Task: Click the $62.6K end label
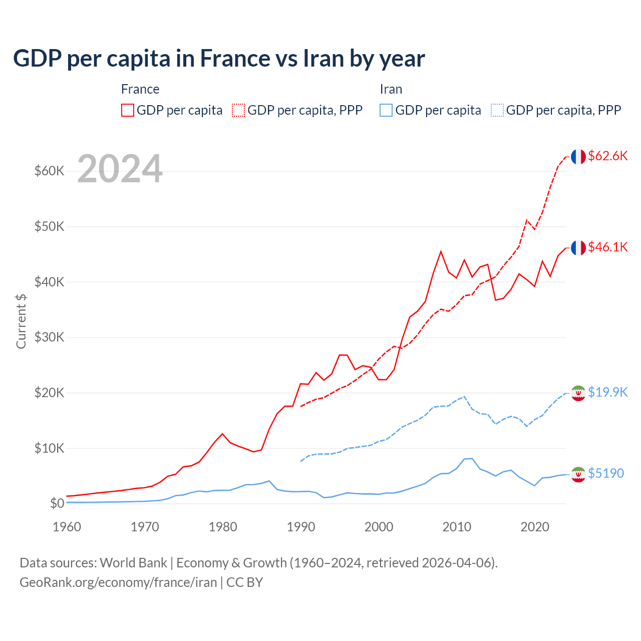(x=607, y=156)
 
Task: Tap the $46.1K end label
(x=607, y=247)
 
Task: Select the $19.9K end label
(x=607, y=392)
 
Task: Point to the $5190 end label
(x=605, y=473)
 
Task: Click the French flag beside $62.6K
(x=578, y=157)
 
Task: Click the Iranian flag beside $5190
(x=578, y=474)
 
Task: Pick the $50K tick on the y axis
(x=49, y=226)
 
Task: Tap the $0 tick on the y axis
(x=57, y=503)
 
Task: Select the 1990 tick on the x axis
(x=301, y=527)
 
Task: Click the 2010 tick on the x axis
(x=457, y=527)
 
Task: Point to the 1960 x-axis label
(x=67, y=527)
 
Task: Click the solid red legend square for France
(x=128, y=110)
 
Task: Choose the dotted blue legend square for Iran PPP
(x=497, y=110)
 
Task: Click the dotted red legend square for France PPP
(x=238, y=110)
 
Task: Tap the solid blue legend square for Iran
(x=386, y=110)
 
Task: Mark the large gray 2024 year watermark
(x=120, y=169)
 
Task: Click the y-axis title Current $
(x=21, y=321)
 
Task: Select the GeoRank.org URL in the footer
(x=118, y=582)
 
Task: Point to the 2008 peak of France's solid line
(x=441, y=251)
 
